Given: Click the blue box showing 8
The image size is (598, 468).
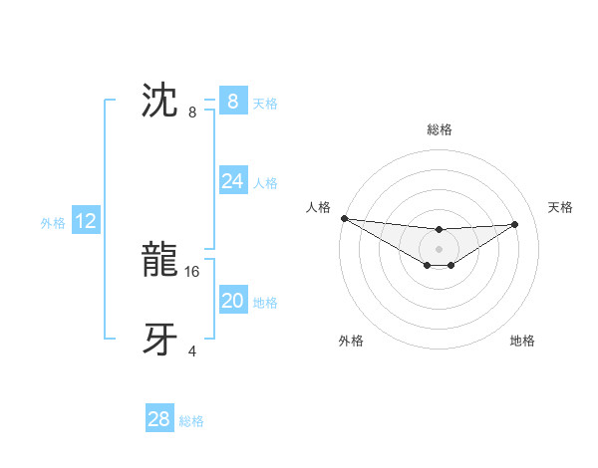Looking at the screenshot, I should pyautogui.click(x=232, y=101).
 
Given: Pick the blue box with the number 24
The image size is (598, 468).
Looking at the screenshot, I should pyautogui.click(x=232, y=181).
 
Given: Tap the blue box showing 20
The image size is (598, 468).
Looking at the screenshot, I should pyautogui.click(x=232, y=301).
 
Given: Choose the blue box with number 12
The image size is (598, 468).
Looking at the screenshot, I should pyautogui.click(x=86, y=221).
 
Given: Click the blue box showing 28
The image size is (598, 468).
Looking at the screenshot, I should pyautogui.click(x=158, y=419).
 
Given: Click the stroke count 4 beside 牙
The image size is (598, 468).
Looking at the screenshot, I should pyautogui.click(x=192, y=351).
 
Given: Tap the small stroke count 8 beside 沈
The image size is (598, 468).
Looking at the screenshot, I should pyautogui.click(x=192, y=113).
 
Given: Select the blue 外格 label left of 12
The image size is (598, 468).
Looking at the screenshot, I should pyautogui.click(x=53, y=223).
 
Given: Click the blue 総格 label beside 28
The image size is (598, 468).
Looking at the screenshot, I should pyautogui.click(x=191, y=421).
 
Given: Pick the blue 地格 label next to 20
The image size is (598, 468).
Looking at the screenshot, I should pyautogui.click(x=265, y=303).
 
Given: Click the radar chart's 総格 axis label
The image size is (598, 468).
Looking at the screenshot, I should pyautogui.click(x=440, y=129).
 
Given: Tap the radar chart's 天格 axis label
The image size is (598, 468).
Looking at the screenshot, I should pyautogui.click(x=560, y=207).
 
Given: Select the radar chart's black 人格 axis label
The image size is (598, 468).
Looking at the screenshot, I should pyautogui.click(x=318, y=207).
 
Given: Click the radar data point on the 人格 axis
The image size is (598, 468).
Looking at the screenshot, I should pyautogui.click(x=344, y=218).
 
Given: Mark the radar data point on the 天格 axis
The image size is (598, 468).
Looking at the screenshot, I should pyautogui.click(x=515, y=224).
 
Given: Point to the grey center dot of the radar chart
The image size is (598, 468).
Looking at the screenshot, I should pyautogui.click(x=439, y=249).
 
